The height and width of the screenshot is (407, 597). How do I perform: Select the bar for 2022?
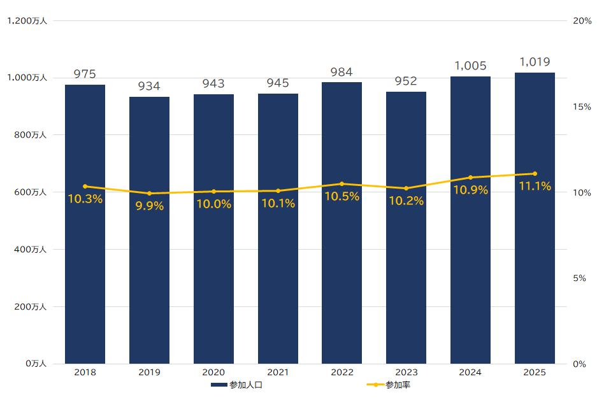point(342,268)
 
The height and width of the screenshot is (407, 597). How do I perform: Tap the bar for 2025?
point(535,268)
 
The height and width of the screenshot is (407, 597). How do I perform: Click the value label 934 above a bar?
point(149,86)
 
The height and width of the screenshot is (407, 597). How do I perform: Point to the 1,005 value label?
point(470,66)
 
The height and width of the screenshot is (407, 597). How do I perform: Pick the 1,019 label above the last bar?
point(535,62)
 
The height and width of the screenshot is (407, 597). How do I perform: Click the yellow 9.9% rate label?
point(149,206)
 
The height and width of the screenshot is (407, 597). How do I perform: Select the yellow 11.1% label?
point(535,186)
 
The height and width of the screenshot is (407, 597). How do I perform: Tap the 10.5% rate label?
point(342,196)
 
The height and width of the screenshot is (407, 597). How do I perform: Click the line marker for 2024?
point(470,177)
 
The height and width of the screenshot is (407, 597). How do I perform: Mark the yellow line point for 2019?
point(149,194)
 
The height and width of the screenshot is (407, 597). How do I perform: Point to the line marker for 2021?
point(278,190)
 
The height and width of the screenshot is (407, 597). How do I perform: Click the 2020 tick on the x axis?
point(213,373)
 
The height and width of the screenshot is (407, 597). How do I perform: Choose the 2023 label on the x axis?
point(406,373)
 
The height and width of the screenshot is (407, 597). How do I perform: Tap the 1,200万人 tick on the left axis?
point(27,21)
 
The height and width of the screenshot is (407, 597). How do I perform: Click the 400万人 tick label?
point(29,250)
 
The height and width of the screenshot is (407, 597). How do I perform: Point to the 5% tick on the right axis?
point(579,278)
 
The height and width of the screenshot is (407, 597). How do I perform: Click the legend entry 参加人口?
point(237,385)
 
